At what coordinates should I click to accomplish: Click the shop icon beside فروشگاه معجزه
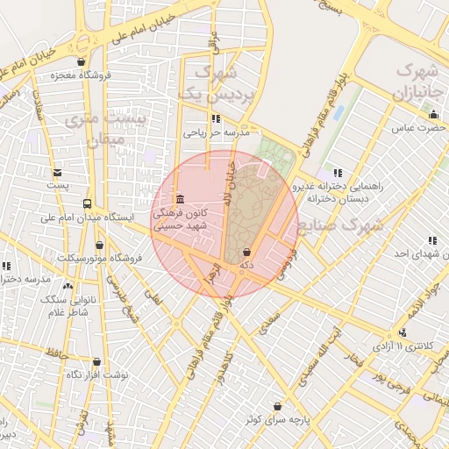(82, 61)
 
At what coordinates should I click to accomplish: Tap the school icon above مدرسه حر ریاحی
(216, 118)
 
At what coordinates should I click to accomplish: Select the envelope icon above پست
(57, 173)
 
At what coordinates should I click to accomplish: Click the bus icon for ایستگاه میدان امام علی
(87, 202)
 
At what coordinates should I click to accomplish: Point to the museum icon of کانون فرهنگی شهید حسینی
(180, 198)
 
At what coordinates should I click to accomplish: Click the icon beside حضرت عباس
(433, 114)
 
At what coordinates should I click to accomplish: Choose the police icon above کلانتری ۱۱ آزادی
(402, 332)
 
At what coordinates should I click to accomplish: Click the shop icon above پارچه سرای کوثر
(278, 406)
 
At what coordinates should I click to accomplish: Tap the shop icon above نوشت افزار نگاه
(96, 360)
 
